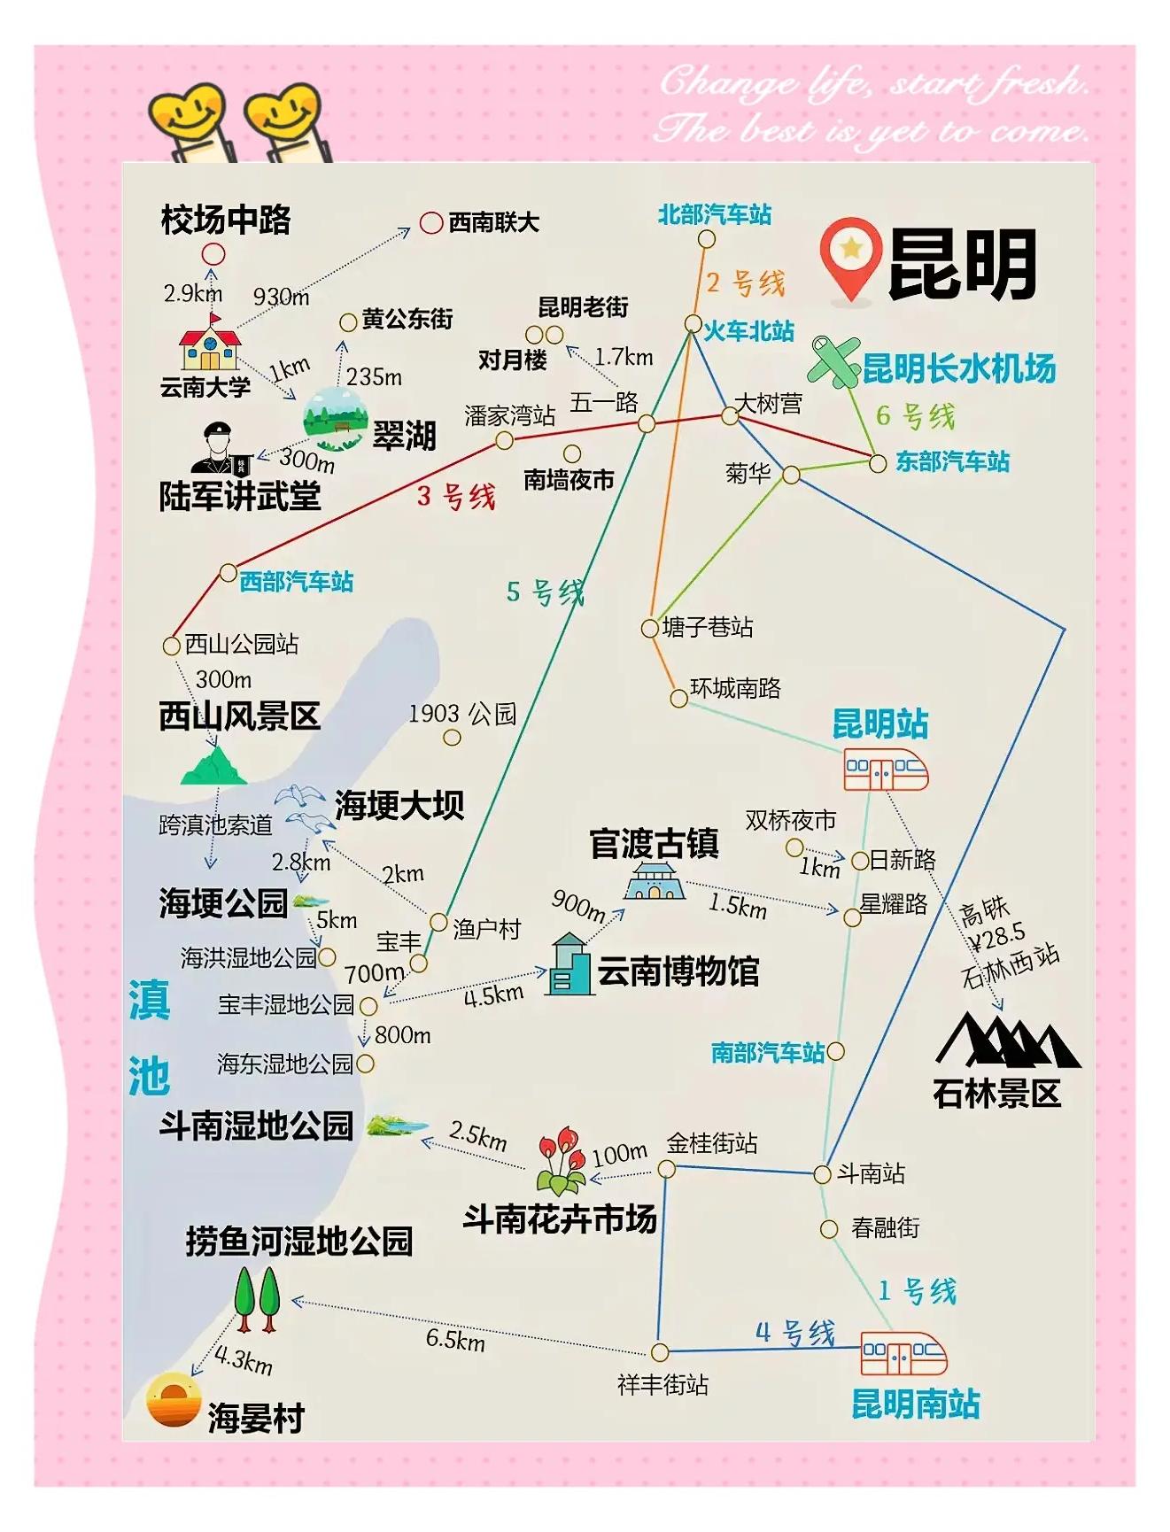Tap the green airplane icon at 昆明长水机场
834,360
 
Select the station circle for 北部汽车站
706,239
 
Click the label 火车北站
748,331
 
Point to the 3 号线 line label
455,497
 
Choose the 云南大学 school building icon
210,345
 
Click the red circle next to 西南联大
431,222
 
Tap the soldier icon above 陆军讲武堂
220,448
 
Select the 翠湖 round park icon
335,415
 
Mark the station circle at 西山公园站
172,646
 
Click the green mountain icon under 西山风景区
213,767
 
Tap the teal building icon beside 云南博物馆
569,965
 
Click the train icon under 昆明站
884,771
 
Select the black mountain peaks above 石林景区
1007,1040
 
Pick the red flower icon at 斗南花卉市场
561,1159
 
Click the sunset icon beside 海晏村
173,1400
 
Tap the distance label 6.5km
454,1339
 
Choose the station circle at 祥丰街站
659,1352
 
